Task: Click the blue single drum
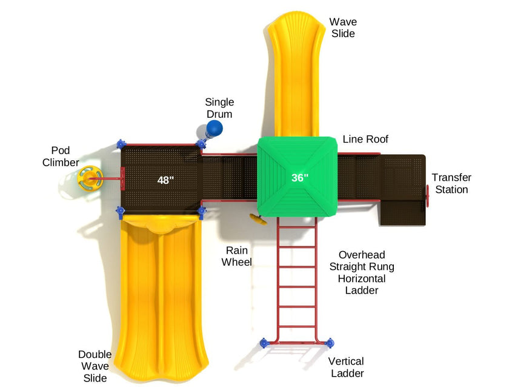pos(214,128)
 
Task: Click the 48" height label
pos(165,180)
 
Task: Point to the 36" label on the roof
pos(300,178)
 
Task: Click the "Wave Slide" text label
pos(342,28)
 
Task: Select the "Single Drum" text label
pos(219,108)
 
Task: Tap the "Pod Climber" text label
pos(61,156)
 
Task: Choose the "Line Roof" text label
pos(365,140)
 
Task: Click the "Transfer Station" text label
pos(451,183)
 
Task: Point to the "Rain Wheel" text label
pos(236,256)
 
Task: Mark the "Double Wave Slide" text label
pos(95,366)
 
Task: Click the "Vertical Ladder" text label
pos(347,367)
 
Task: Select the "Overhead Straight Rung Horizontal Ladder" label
pos(362,272)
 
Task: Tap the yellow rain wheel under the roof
pos(258,219)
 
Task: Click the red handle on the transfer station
pos(428,195)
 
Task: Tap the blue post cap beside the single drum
pos(201,144)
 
